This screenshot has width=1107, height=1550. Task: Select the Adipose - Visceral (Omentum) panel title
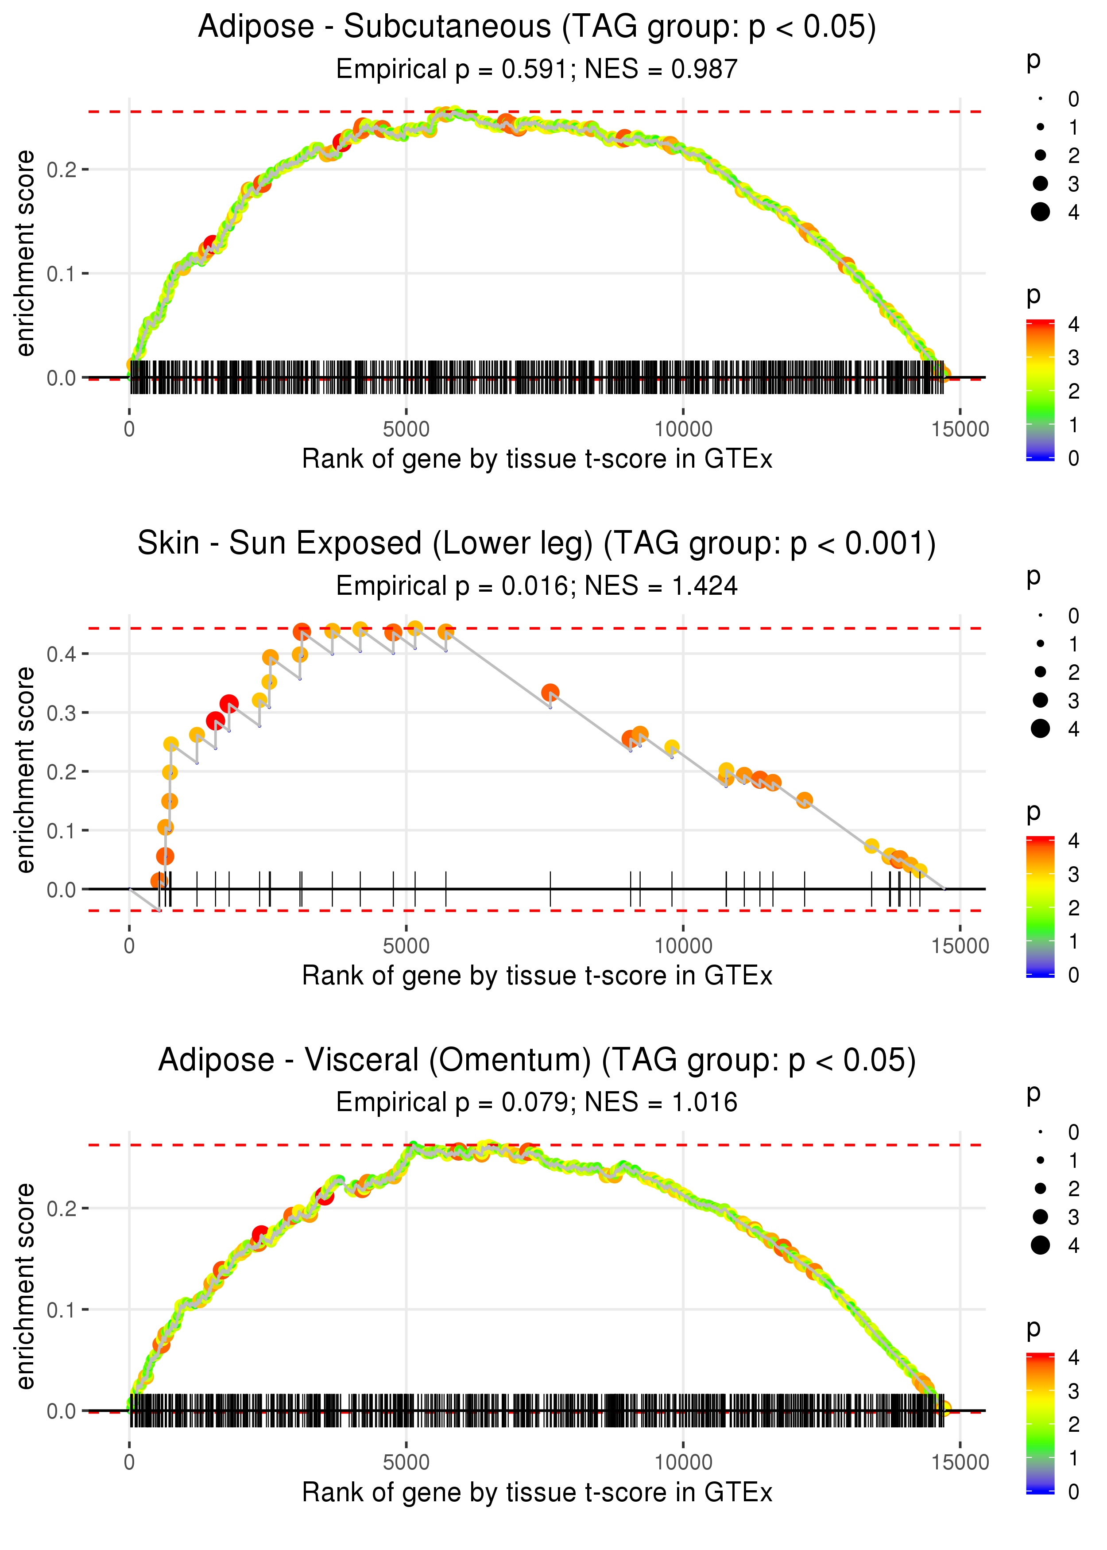(x=537, y=1061)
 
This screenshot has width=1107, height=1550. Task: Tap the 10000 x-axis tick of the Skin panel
(x=683, y=945)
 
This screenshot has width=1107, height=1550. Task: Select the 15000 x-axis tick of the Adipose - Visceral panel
(x=960, y=1462)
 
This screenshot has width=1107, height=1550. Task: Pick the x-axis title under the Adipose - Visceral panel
(x=537, y=1493)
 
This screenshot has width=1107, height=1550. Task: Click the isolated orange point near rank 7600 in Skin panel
(x=550, y=693)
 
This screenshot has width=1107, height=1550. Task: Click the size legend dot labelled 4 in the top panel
(x=1040, y=212)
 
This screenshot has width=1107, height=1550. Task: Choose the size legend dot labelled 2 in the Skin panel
(x=1040, y=672)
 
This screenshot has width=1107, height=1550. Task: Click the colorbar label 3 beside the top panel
(x=1074, y=357)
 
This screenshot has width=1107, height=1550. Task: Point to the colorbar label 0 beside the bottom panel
(x=1074, y=1492)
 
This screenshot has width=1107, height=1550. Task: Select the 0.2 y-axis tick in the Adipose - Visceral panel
(x=61, y=1209)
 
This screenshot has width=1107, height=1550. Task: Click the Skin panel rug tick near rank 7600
(x=550, y=890)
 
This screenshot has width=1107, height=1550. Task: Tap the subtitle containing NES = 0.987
(x=661, y=70)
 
